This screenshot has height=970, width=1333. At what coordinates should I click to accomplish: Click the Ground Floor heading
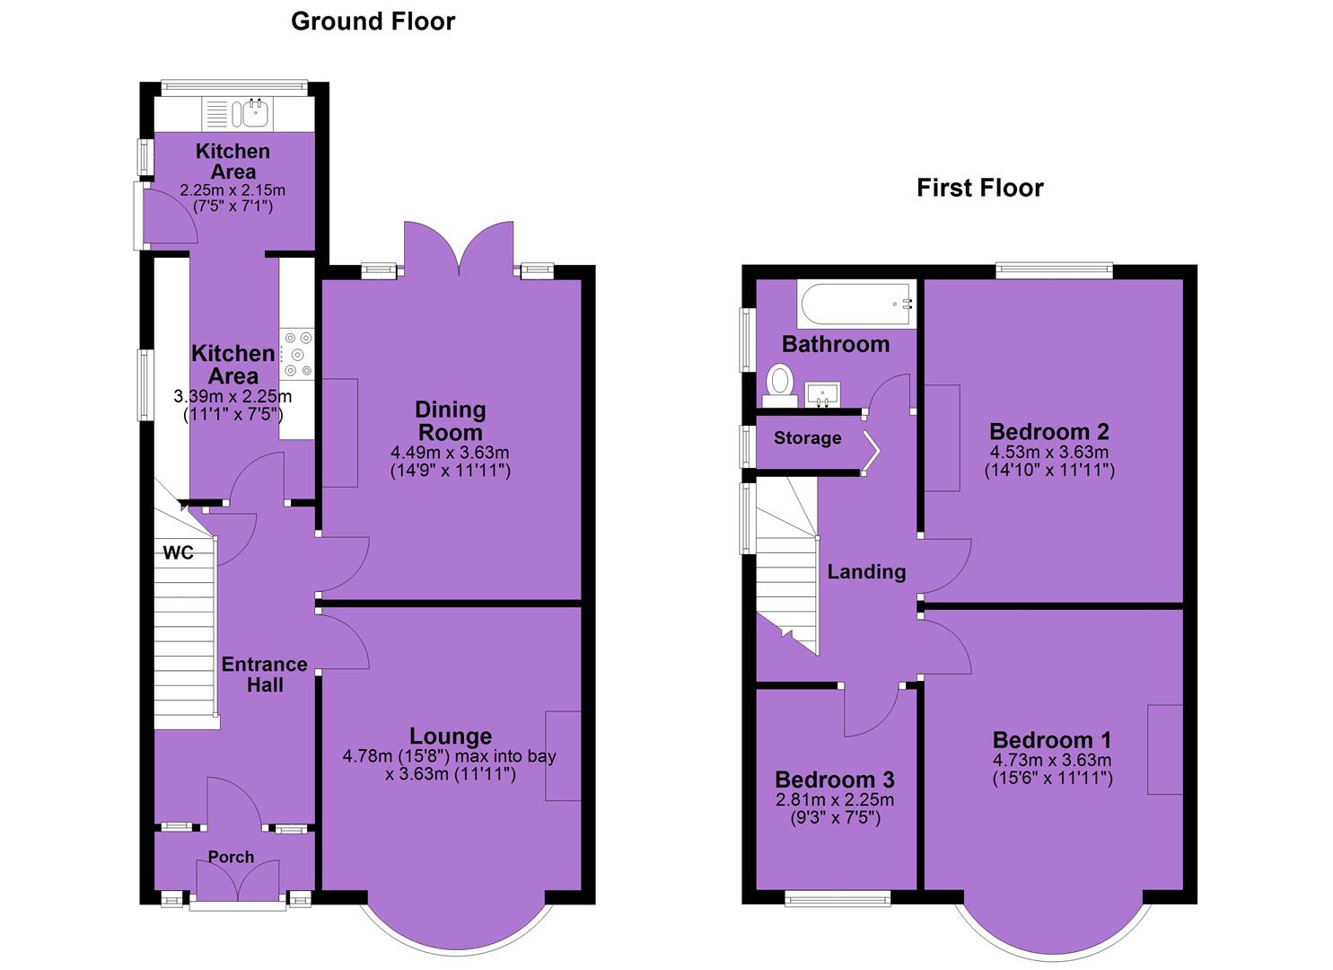(x=373, y=22)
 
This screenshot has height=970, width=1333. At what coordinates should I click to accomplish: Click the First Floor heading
(x=979, y=189)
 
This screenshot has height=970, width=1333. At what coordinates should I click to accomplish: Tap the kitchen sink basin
(x=257, y=112)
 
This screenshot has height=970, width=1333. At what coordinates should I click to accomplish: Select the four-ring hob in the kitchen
(x=297, y=354)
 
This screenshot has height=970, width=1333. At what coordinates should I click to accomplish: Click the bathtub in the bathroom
(x=856, y=304)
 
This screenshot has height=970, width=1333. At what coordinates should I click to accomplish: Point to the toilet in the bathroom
(x=779, y=386)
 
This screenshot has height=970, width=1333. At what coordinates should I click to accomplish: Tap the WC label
(x=179, y=553)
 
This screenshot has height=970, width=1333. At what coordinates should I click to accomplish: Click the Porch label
(x=231, y=857)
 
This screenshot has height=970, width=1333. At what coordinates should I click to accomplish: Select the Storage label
(x=808, y=438)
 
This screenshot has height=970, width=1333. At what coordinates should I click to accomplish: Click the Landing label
(x=866, y=572)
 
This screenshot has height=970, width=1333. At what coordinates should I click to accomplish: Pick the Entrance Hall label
(x=265, y=675)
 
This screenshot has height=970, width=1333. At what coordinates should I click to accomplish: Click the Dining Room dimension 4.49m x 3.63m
(x=450, y=453)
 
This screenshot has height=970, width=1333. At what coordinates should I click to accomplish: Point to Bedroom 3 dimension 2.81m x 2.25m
(x=835, y=799)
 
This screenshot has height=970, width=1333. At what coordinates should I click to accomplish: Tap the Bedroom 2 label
(x=1049, y=431)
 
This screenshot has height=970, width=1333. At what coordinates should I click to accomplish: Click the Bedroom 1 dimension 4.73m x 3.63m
(x=1052, y=760)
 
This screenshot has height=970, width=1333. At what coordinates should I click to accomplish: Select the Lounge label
(x=451, y=736)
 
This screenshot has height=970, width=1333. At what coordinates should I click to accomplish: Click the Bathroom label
(x=836, y=344)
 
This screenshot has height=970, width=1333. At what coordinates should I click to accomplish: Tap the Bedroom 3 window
(x=838, y=898)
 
